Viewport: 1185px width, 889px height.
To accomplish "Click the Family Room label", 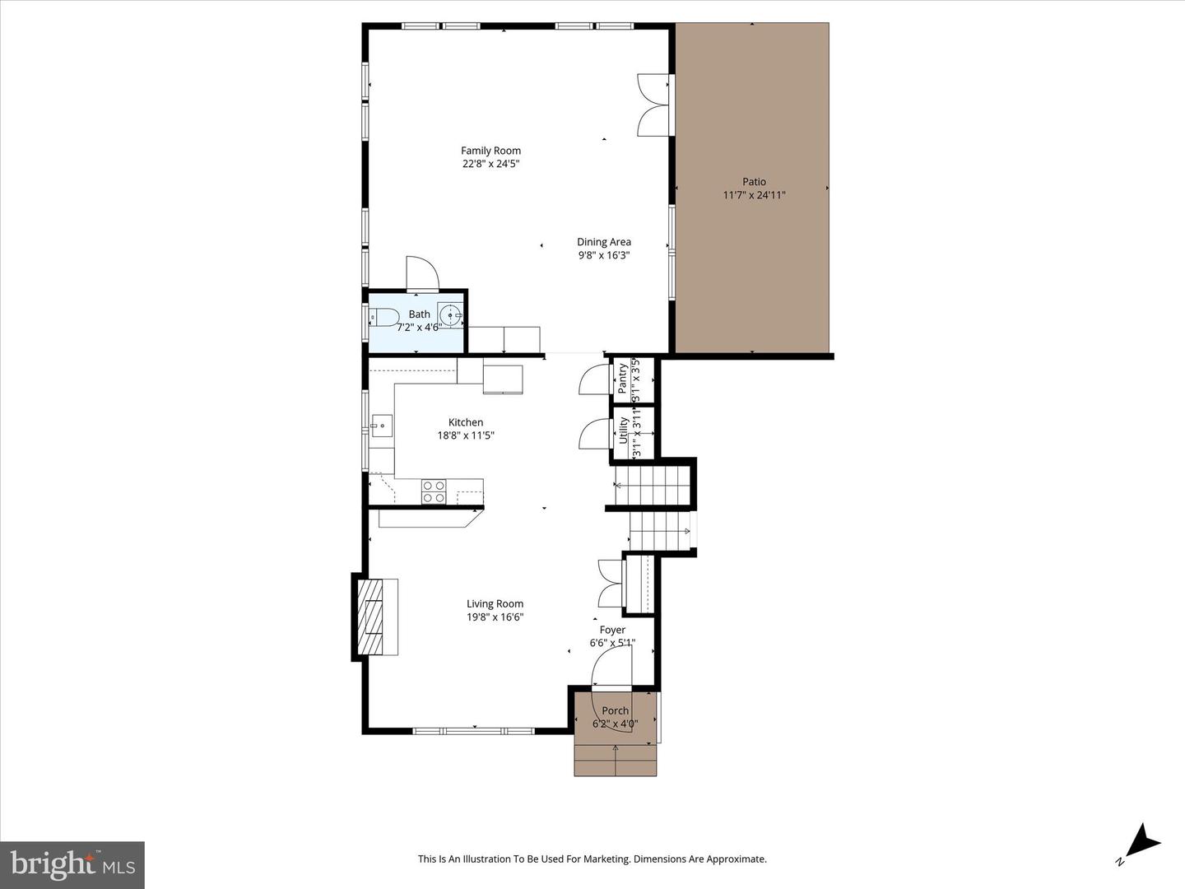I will pyautogui.click(x=490, y=151).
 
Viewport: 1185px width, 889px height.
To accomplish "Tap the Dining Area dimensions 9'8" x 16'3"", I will pyautogui.click(x=603, y=255).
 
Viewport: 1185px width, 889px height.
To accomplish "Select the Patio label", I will pyautogui.click(x=754, y=182).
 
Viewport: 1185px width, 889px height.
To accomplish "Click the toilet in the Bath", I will pyautogui.click(x=384, y=316).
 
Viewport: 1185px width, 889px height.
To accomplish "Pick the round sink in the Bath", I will pyautogui.click(x=450, y=315).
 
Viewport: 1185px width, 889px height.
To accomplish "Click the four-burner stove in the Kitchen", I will pyautogui.click(x=434, y=491).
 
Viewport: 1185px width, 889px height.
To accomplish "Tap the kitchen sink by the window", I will pyautogui.click(x=381, y=426).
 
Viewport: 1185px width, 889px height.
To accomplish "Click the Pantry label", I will pyautogui.click(x=622, y=379).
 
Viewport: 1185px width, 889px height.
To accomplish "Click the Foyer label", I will pyautogui.click(x=612, y=630).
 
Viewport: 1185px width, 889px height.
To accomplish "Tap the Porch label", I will pyautogui.click(x=615, y=710).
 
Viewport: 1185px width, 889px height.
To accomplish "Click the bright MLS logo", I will pyautogui.click(x=72, y=864).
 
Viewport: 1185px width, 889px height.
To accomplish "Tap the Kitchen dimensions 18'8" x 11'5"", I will pyautogui.click(x=466, y=435).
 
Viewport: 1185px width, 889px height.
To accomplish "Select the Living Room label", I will pyautogui.click(x=495, y=603).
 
